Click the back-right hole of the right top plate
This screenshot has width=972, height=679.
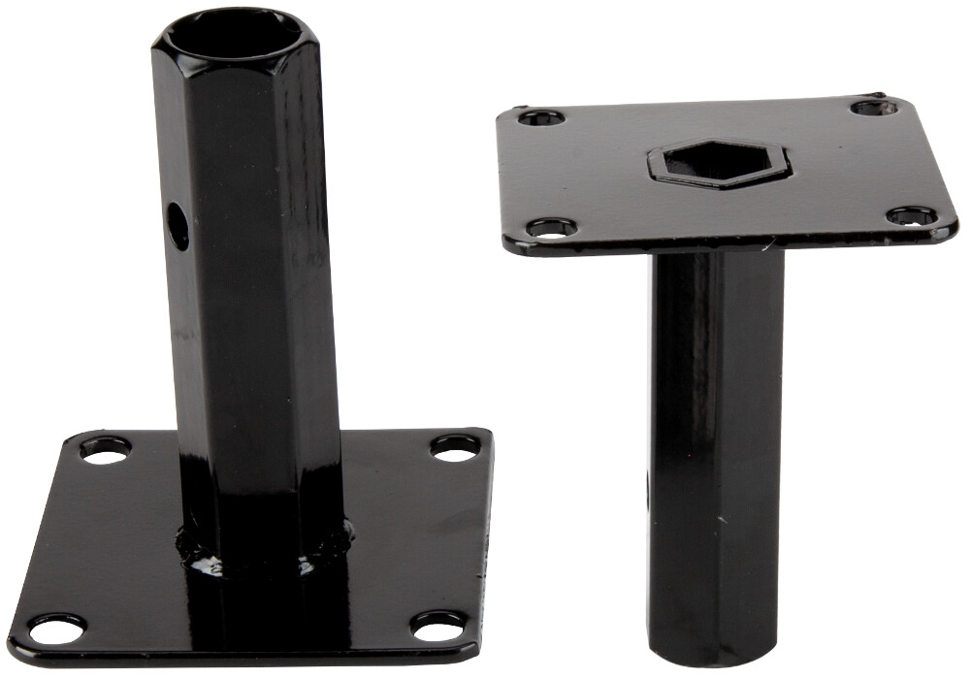coord(872,108)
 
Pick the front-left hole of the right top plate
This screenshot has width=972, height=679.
coord(551,229)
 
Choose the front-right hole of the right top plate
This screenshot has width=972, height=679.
coord(913,215)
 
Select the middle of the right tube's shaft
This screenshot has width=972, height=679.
coord(716,436)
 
